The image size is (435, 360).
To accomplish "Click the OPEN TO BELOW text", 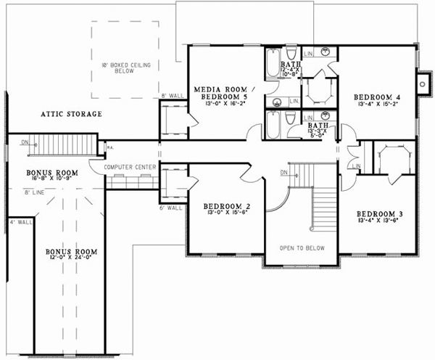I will [x=303, y=247].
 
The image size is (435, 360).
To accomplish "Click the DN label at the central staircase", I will [x=283, y=173].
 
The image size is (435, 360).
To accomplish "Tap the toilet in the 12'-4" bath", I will [x=291, y=58].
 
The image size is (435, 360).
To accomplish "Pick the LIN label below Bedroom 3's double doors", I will [x=357, y=167].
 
